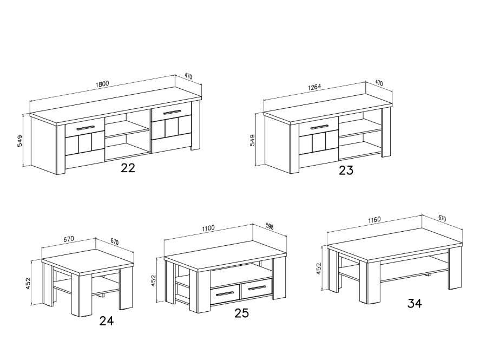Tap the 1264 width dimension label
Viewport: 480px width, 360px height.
pos(314,87)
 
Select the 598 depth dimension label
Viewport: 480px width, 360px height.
pos(269,226)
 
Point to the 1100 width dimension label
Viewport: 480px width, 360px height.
pos(208,228)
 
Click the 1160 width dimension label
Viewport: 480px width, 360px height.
pos(374,219)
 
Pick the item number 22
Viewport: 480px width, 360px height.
pos(128,168)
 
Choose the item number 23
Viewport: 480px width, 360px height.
pos(346,170)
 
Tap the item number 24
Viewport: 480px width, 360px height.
pos(107,320)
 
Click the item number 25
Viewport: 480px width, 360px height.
pos(241,313)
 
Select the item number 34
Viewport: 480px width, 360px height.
pos(415,303)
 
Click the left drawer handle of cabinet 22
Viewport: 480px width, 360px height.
pos(86,128)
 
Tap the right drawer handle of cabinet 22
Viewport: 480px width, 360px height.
pos(172,112)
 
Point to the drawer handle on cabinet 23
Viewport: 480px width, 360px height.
pos(319,127)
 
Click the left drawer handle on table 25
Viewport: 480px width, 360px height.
pos(225,294)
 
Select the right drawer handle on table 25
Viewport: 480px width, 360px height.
pos(257,287)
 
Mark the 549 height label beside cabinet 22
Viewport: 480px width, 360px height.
pos(20,141)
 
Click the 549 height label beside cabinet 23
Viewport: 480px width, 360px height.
pos(252,140)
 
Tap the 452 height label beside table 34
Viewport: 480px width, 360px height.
pos(319,268)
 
